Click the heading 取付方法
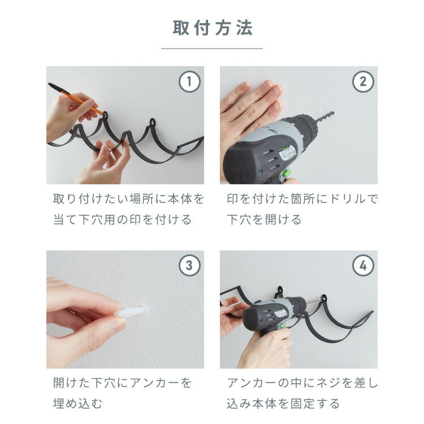coord(212,28)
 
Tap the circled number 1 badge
coord(190,81)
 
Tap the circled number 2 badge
coord(364,81)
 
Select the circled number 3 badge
coord(190,265)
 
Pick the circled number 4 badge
coord(364,265)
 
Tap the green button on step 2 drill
coord(287,172)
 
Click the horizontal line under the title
coord(212,49)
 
